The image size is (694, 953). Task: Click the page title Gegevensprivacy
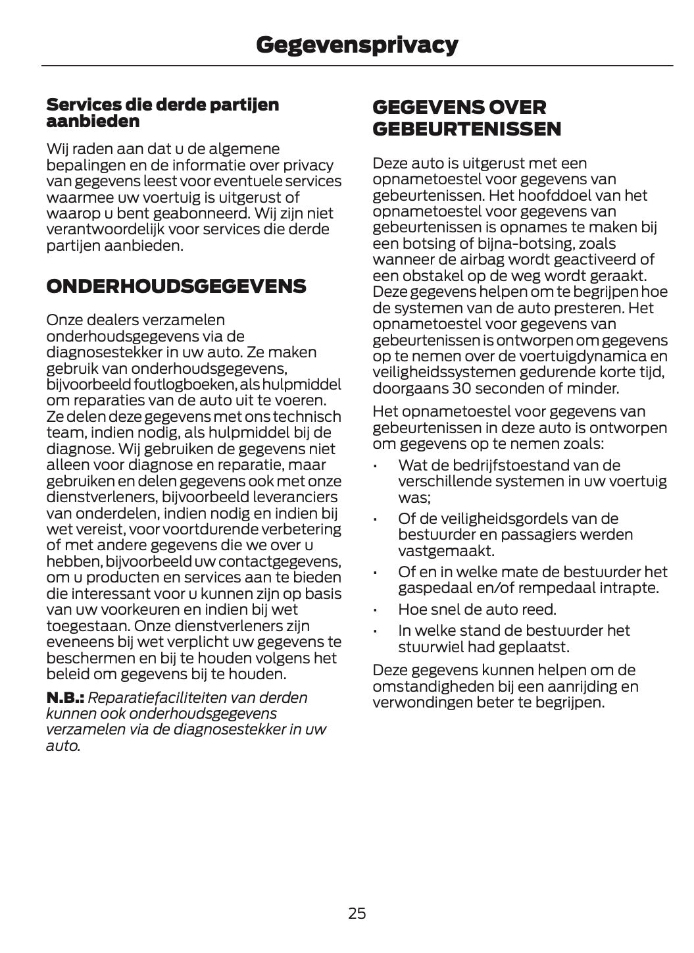pyautogui.click(x=357, y=45)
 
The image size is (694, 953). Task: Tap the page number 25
pyautogui.click(x=357, y=913)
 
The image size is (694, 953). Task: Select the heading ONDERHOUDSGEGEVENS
pyautogui.click(x=176, y=286)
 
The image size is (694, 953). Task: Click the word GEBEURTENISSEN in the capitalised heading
pyautogui.click(x=467, y=129)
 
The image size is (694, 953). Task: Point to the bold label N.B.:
pyautogui.click(x=65, y=697)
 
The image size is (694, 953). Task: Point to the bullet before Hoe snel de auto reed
pyautogui.click(x=375, y=610)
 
